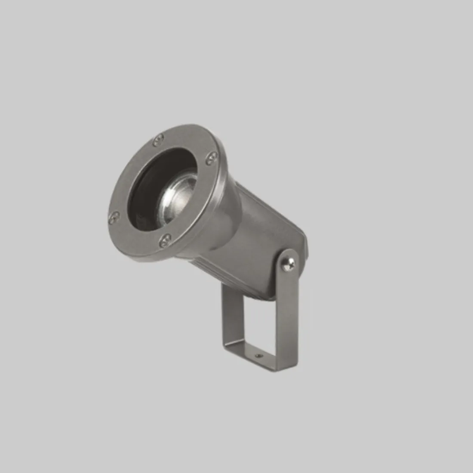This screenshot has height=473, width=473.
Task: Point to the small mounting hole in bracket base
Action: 258,356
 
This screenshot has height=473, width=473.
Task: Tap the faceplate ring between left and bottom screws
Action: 135,234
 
